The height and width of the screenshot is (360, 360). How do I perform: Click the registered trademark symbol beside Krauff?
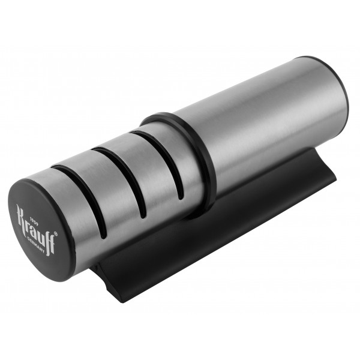click(x=55, y=234)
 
